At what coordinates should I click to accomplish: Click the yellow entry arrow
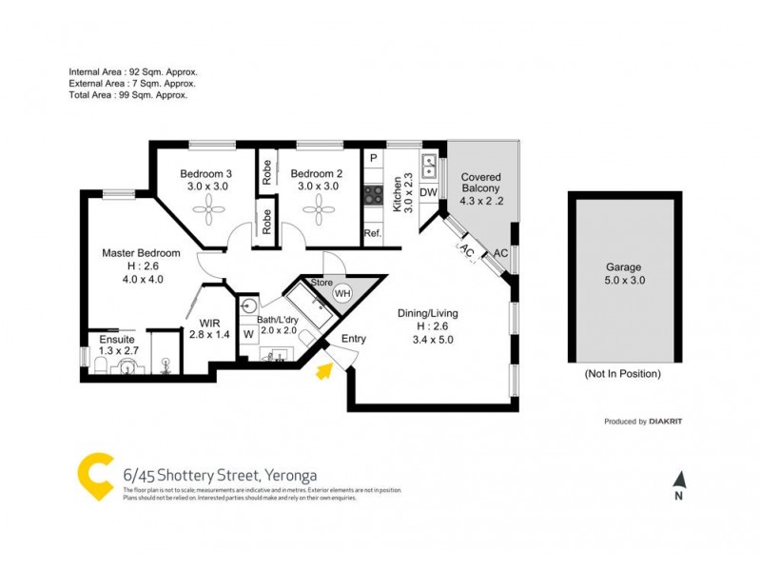point(324,370)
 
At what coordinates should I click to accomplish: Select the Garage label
point(624,268)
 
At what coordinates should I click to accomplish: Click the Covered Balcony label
point(480,178)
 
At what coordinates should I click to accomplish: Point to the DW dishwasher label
point(428,193)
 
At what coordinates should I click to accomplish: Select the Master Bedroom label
point(142,253)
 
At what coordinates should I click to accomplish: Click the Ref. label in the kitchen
point(372,233)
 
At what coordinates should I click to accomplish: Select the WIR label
point(209,323)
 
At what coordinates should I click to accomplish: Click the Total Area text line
point(127,95)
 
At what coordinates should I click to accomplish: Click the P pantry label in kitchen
point(373,158)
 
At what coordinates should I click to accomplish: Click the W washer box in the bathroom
point(247,334)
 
